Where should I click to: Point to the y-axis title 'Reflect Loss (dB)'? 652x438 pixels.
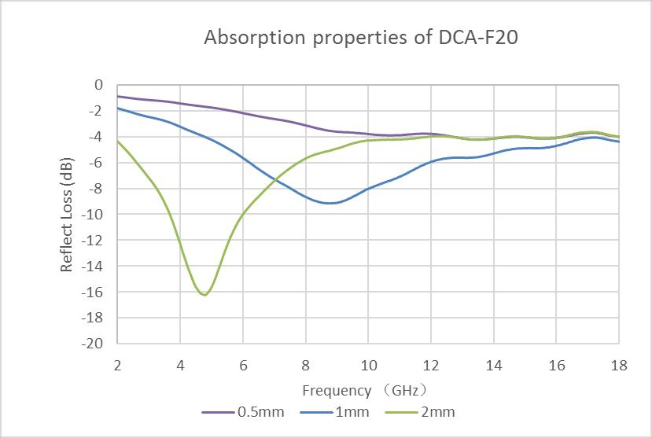67,215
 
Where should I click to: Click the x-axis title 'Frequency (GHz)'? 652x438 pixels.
367,390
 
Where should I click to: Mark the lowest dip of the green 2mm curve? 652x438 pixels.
204,295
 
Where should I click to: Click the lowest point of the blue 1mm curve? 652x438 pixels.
331,203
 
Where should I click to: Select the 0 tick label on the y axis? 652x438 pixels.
98,84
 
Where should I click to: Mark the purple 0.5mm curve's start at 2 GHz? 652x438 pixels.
117,96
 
